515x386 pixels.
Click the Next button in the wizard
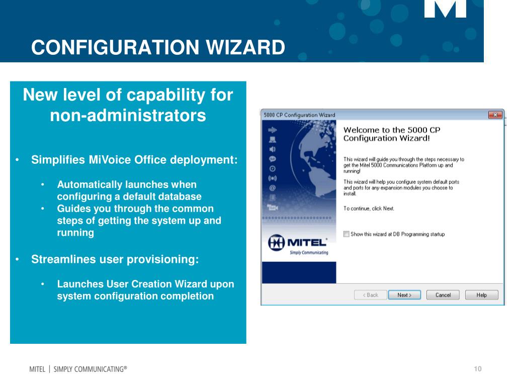point(404,295)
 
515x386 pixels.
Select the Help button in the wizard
point(481,295)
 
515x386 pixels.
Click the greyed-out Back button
point(370,295)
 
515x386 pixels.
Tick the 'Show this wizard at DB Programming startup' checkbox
point(346,234)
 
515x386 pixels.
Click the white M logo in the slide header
point(445,9)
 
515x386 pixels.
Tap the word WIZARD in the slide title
point(245,48)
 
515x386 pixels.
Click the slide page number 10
point(477,369)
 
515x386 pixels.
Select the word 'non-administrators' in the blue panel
point(128,116)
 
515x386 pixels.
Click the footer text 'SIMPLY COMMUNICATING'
point(91,369)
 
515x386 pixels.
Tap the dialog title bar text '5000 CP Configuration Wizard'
point(299,115)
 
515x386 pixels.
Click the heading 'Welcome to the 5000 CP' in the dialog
point(392,130)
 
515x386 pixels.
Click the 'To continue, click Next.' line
point(369,209)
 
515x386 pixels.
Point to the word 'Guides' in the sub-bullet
point(73,209)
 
